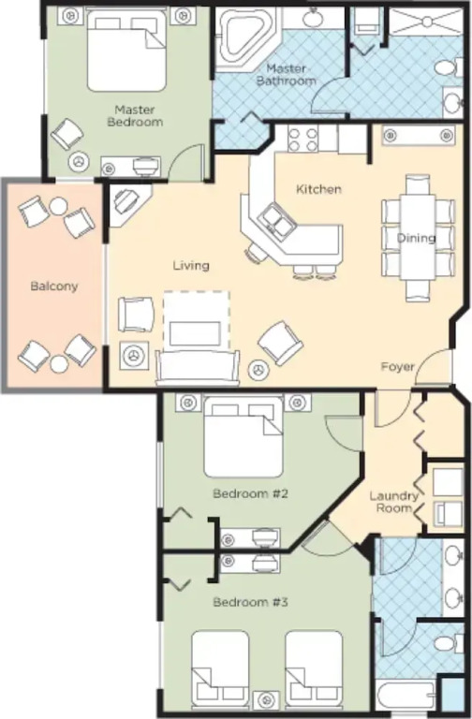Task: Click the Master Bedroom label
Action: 135,116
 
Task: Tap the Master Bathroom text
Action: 287,75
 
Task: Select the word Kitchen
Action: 318,189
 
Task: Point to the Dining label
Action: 416,238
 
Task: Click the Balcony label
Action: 54,286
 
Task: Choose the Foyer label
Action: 398,367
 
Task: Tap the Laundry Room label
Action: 394,502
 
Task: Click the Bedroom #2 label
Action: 250,494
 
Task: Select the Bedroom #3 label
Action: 250,602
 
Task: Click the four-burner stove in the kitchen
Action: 302,139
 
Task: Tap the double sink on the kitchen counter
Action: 276,219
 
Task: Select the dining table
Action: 418,238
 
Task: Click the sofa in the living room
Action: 198,367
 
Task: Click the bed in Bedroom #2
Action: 243,437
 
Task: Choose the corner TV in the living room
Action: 126,201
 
